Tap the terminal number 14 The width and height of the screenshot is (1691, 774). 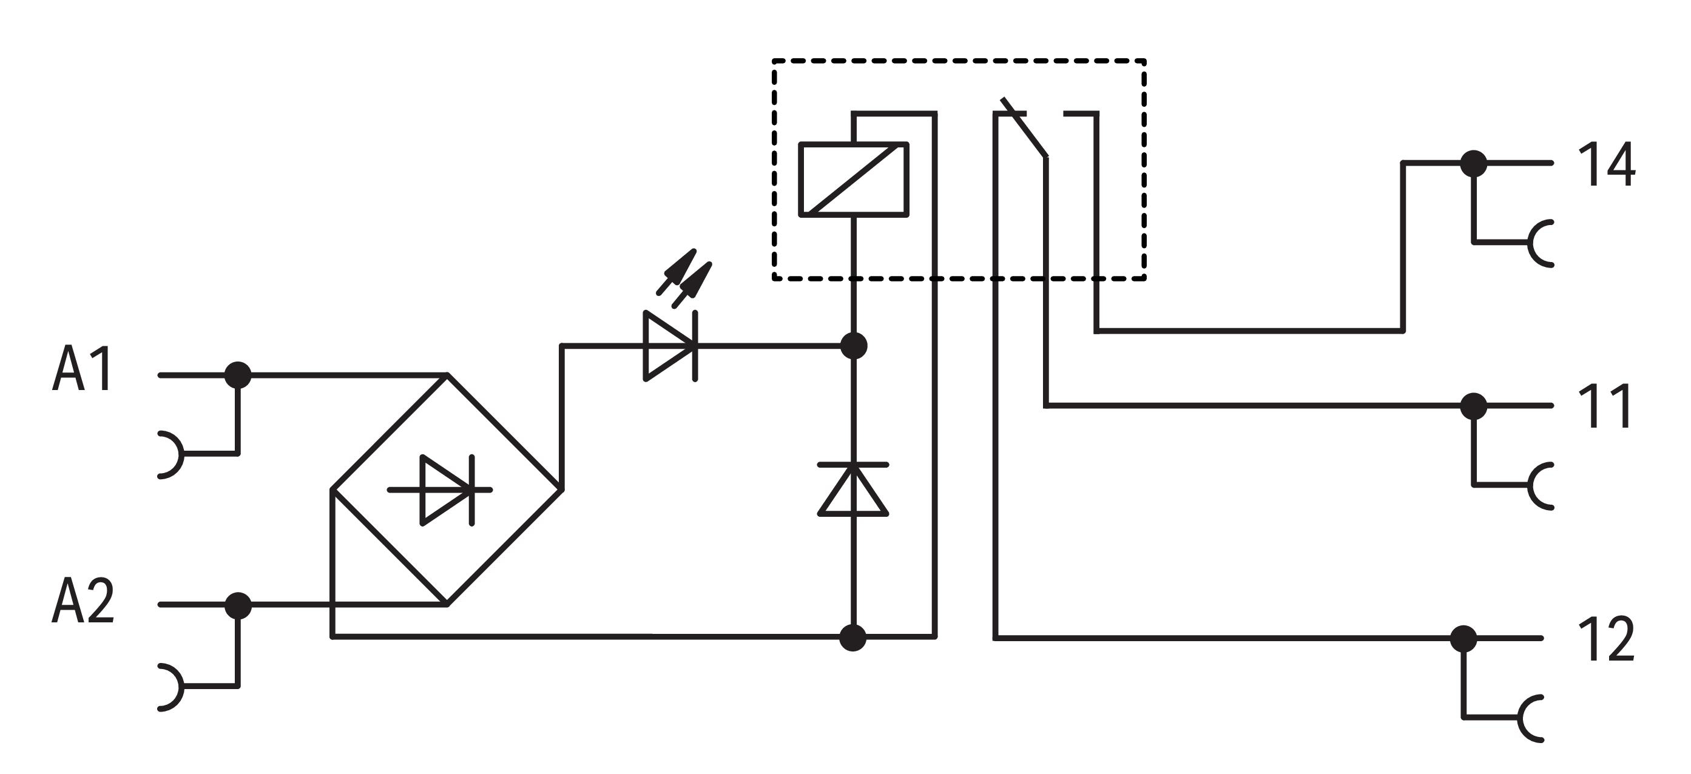(x=1605, y=164)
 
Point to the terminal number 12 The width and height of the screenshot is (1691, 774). (x=1605, y=638)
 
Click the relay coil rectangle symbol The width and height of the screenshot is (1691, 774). (x=853, y=179)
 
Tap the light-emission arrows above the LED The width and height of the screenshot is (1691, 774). (x=684, y=277)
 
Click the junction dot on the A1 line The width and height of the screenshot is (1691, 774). (x=238, y=375)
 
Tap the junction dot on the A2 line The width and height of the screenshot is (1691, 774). (x=238, y=605)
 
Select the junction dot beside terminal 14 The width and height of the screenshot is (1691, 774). (x=1474, y=163)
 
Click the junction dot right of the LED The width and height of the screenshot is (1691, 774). (x=853, y=346)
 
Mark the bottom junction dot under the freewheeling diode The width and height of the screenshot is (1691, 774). (x=852, y=638)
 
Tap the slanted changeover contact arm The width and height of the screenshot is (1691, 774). (x=1024, y=129)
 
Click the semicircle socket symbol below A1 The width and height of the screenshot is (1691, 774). (x=172, y=454)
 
